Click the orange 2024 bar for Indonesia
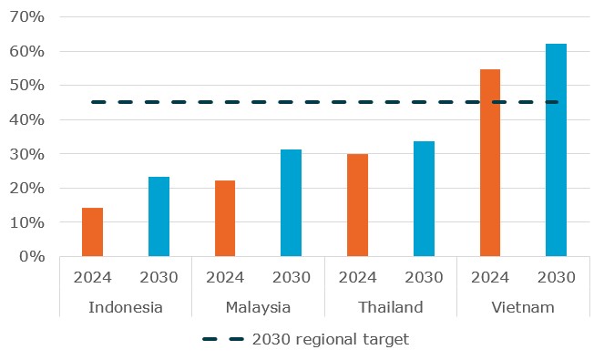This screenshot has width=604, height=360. click(92, 232)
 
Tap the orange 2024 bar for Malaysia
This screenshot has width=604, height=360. click(225, 219)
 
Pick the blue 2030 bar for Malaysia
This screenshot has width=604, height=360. click(292, 203)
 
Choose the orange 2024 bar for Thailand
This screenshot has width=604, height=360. click(357, 205)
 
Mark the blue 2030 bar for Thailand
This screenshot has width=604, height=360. click(424, 199)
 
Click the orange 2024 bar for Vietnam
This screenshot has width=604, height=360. click(490, 163)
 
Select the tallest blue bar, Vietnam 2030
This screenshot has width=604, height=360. click(556, 150)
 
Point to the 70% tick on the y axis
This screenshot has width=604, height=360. click(26, 17)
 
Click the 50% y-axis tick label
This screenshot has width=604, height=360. click(26, 86)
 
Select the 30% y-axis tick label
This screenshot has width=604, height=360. click(26, 154)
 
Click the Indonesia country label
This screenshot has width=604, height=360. click(126, 306)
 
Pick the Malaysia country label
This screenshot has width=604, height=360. click(258, 306)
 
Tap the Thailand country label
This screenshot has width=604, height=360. click(391, 306)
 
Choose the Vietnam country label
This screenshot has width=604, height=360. click(523, 306)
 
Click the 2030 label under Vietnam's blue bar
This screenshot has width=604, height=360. click(556, 277)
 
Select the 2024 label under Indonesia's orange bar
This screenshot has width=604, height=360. click(92, 277)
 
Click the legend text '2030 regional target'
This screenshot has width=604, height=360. click(333, 339)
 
